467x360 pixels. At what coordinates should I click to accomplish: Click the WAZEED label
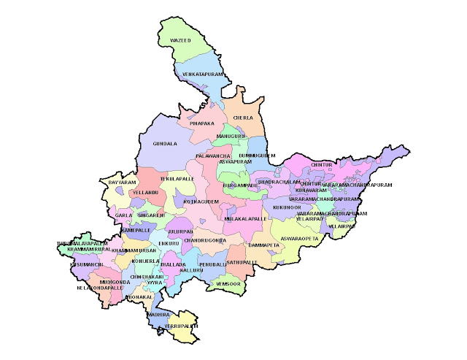pos(180,40)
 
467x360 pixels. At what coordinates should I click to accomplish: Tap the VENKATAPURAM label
pos(201,74)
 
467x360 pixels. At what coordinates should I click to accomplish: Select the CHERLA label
pos(243,117)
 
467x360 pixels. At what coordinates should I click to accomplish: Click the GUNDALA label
pos(165,144)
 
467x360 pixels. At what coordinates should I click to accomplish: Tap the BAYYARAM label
pos(123,182)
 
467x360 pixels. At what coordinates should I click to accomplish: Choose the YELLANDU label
pos(146,192)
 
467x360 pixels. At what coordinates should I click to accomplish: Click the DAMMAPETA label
pos(264,245)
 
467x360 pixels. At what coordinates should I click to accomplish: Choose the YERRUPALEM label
pos(182,326)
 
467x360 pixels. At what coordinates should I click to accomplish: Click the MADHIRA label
pos(159,314)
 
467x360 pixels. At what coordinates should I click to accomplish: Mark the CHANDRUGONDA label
pos(206,240)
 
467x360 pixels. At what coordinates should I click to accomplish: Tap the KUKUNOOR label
pos(287,207)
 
